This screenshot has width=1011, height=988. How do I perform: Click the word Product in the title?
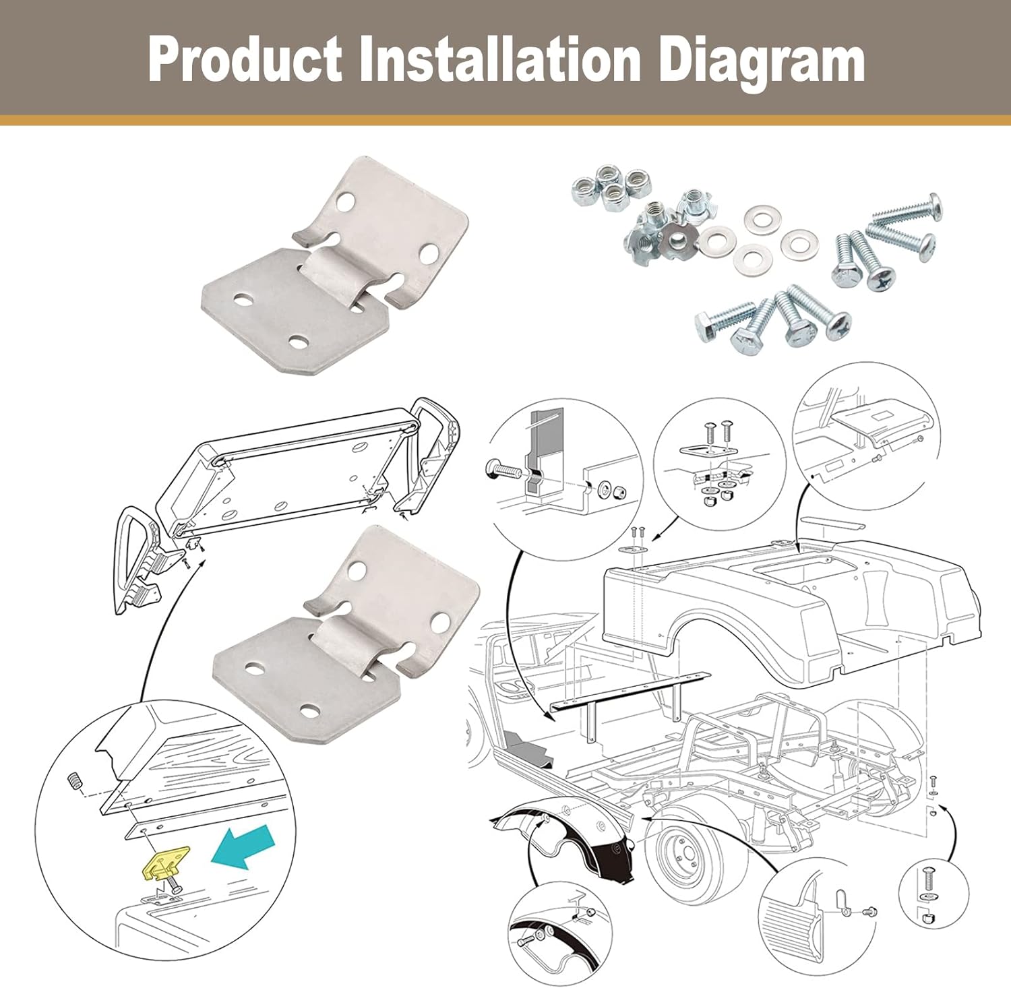[x=245, y=60]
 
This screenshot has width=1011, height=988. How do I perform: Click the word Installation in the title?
[x=500, y=60]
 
